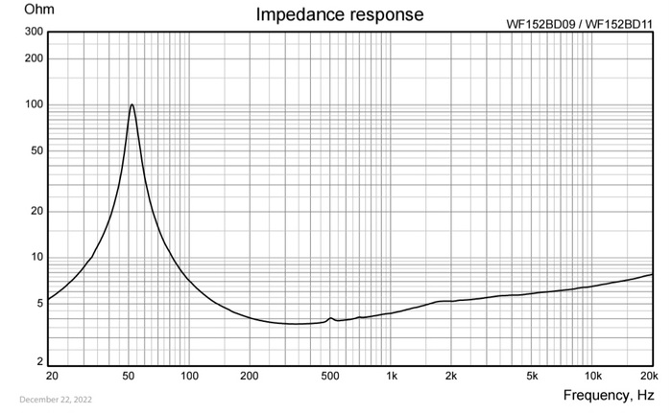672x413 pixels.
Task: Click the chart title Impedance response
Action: point(339,15)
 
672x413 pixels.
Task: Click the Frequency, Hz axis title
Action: point(609,395)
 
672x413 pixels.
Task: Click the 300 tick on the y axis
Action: point(34,32)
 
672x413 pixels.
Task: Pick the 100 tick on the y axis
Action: point(34,104)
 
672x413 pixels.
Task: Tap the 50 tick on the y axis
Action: point(36,150)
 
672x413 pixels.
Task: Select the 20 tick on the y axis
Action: point(36,211)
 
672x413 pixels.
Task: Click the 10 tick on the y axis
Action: point(36,257)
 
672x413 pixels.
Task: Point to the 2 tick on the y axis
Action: point(39,362)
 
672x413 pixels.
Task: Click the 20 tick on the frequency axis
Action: point(51,377)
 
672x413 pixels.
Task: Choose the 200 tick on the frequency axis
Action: point(250,377)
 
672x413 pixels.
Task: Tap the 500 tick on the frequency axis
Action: point(329,377)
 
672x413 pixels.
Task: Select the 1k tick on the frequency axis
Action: point(392,377)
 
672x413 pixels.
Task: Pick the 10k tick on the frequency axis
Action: point(593,377)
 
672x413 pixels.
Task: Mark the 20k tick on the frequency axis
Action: point(650,377)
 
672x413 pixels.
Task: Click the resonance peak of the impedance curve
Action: point(132,104)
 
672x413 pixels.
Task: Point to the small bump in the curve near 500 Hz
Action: point(330,318)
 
